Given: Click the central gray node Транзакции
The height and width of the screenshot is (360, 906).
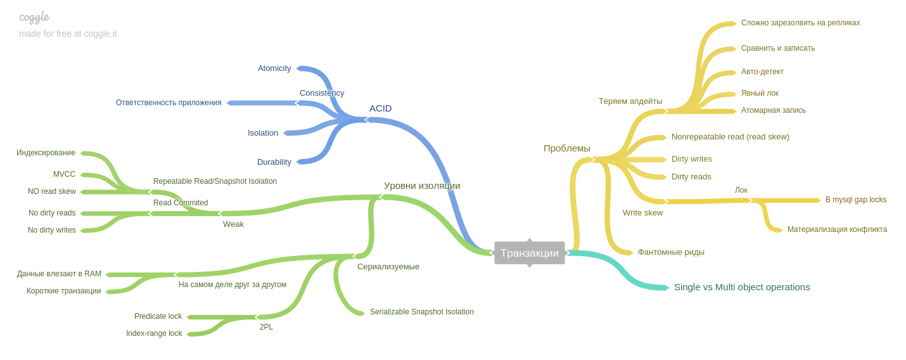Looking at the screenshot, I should [530, 253].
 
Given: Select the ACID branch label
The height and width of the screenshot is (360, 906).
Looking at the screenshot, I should [380, 108].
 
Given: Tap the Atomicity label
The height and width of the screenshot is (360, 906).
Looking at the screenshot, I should [274, 68].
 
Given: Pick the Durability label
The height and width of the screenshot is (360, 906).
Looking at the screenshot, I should [274, 162].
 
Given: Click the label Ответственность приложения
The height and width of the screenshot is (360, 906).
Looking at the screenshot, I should [169, 103].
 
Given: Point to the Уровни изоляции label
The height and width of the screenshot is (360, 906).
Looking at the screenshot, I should [422, 186].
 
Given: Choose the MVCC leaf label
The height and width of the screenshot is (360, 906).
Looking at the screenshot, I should [64, 174].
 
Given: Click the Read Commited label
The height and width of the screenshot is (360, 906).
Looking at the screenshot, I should [181, 203].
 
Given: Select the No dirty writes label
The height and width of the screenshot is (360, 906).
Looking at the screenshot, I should [52, 230].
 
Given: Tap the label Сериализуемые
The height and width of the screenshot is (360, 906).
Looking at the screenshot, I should [388, 267].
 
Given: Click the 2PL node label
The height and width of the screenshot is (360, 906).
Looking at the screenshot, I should [266, 327].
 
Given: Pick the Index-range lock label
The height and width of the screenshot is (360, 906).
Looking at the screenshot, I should [154, 333].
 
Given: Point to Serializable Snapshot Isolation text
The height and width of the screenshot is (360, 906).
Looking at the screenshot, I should [422, 312].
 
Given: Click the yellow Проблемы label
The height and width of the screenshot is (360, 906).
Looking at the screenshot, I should [567, 148].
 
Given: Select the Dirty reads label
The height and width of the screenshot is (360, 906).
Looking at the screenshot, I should [691, 177].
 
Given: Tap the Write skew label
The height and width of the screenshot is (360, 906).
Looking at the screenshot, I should [642, 213].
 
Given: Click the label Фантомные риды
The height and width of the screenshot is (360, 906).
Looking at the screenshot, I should [671, 252].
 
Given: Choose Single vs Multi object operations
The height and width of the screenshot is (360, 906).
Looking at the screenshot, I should [742, 287].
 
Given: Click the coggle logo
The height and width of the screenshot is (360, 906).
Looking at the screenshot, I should [34, 17].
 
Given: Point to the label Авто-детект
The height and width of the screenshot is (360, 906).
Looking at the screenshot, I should [762, 72].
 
